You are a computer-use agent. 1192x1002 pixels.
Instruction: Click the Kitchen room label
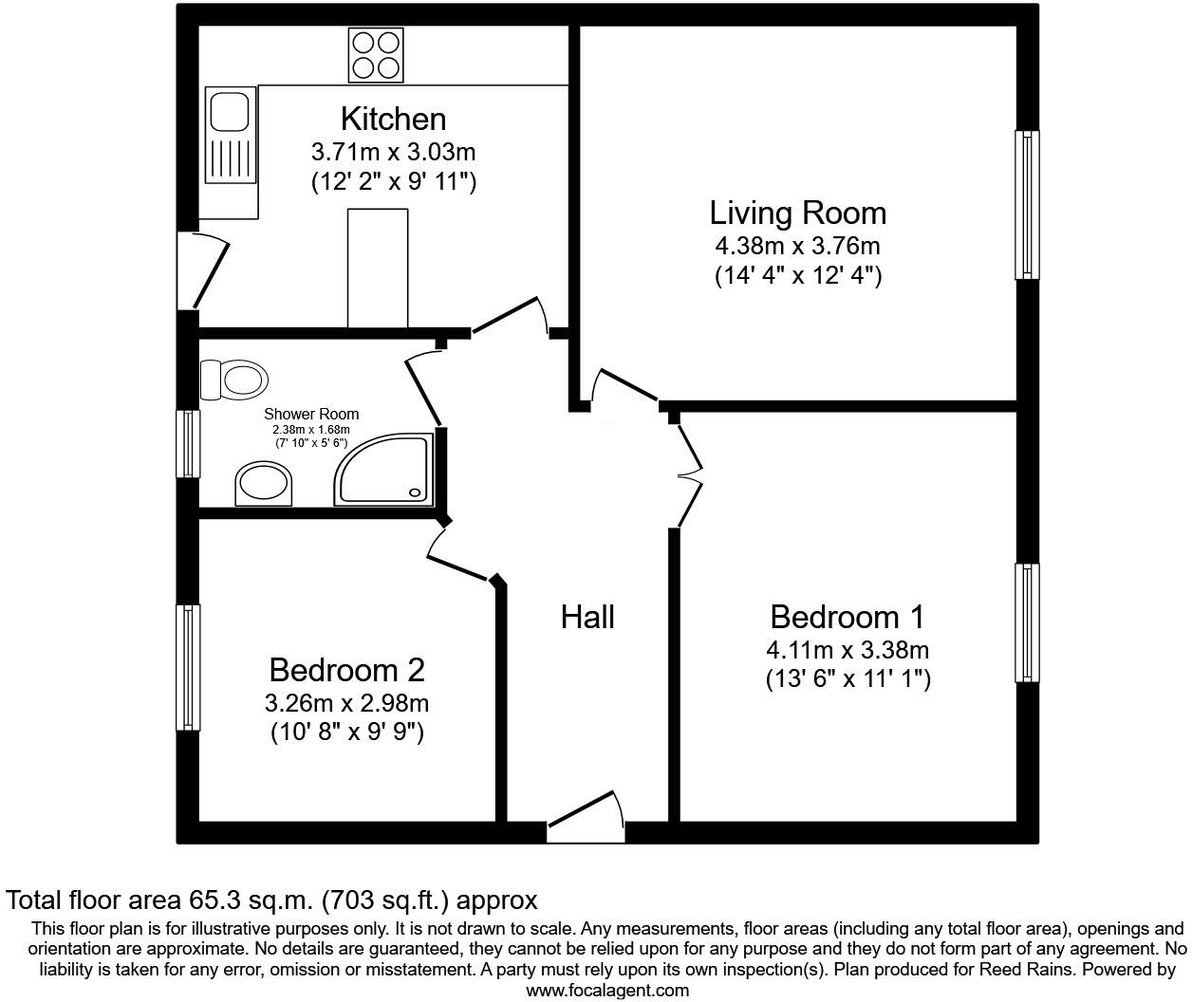[x=393, y=119]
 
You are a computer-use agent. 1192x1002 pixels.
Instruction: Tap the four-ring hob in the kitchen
[x=374, y=55]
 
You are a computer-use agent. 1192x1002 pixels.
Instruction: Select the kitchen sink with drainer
[x=231, y=135]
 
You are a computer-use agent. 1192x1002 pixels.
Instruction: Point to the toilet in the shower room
[x=233, y=380]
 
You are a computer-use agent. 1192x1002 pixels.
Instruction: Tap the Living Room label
[x=797, y=213]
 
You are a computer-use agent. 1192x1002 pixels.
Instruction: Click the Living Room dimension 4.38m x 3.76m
[x=797, y=246]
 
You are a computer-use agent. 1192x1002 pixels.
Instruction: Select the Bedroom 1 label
[x=847, y=617]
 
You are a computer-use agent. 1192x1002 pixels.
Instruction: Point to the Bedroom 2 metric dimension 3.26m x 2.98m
[x=346, y=703]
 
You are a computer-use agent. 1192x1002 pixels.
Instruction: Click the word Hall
[x=587, y=617]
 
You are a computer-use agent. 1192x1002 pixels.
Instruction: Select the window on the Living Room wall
[x=1026, y=204]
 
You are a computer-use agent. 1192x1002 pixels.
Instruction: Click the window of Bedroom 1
[x=1026, y=622]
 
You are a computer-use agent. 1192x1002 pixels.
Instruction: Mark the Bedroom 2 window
[x=189, y=667]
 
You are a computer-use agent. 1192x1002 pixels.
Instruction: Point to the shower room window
[x=191, y=443]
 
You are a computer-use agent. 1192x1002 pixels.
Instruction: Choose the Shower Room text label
[x=311, y=414]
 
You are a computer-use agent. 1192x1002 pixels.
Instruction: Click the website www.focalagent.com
[x=607, y=991]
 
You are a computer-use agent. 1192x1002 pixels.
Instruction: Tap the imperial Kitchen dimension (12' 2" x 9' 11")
[x=393, y=181]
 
